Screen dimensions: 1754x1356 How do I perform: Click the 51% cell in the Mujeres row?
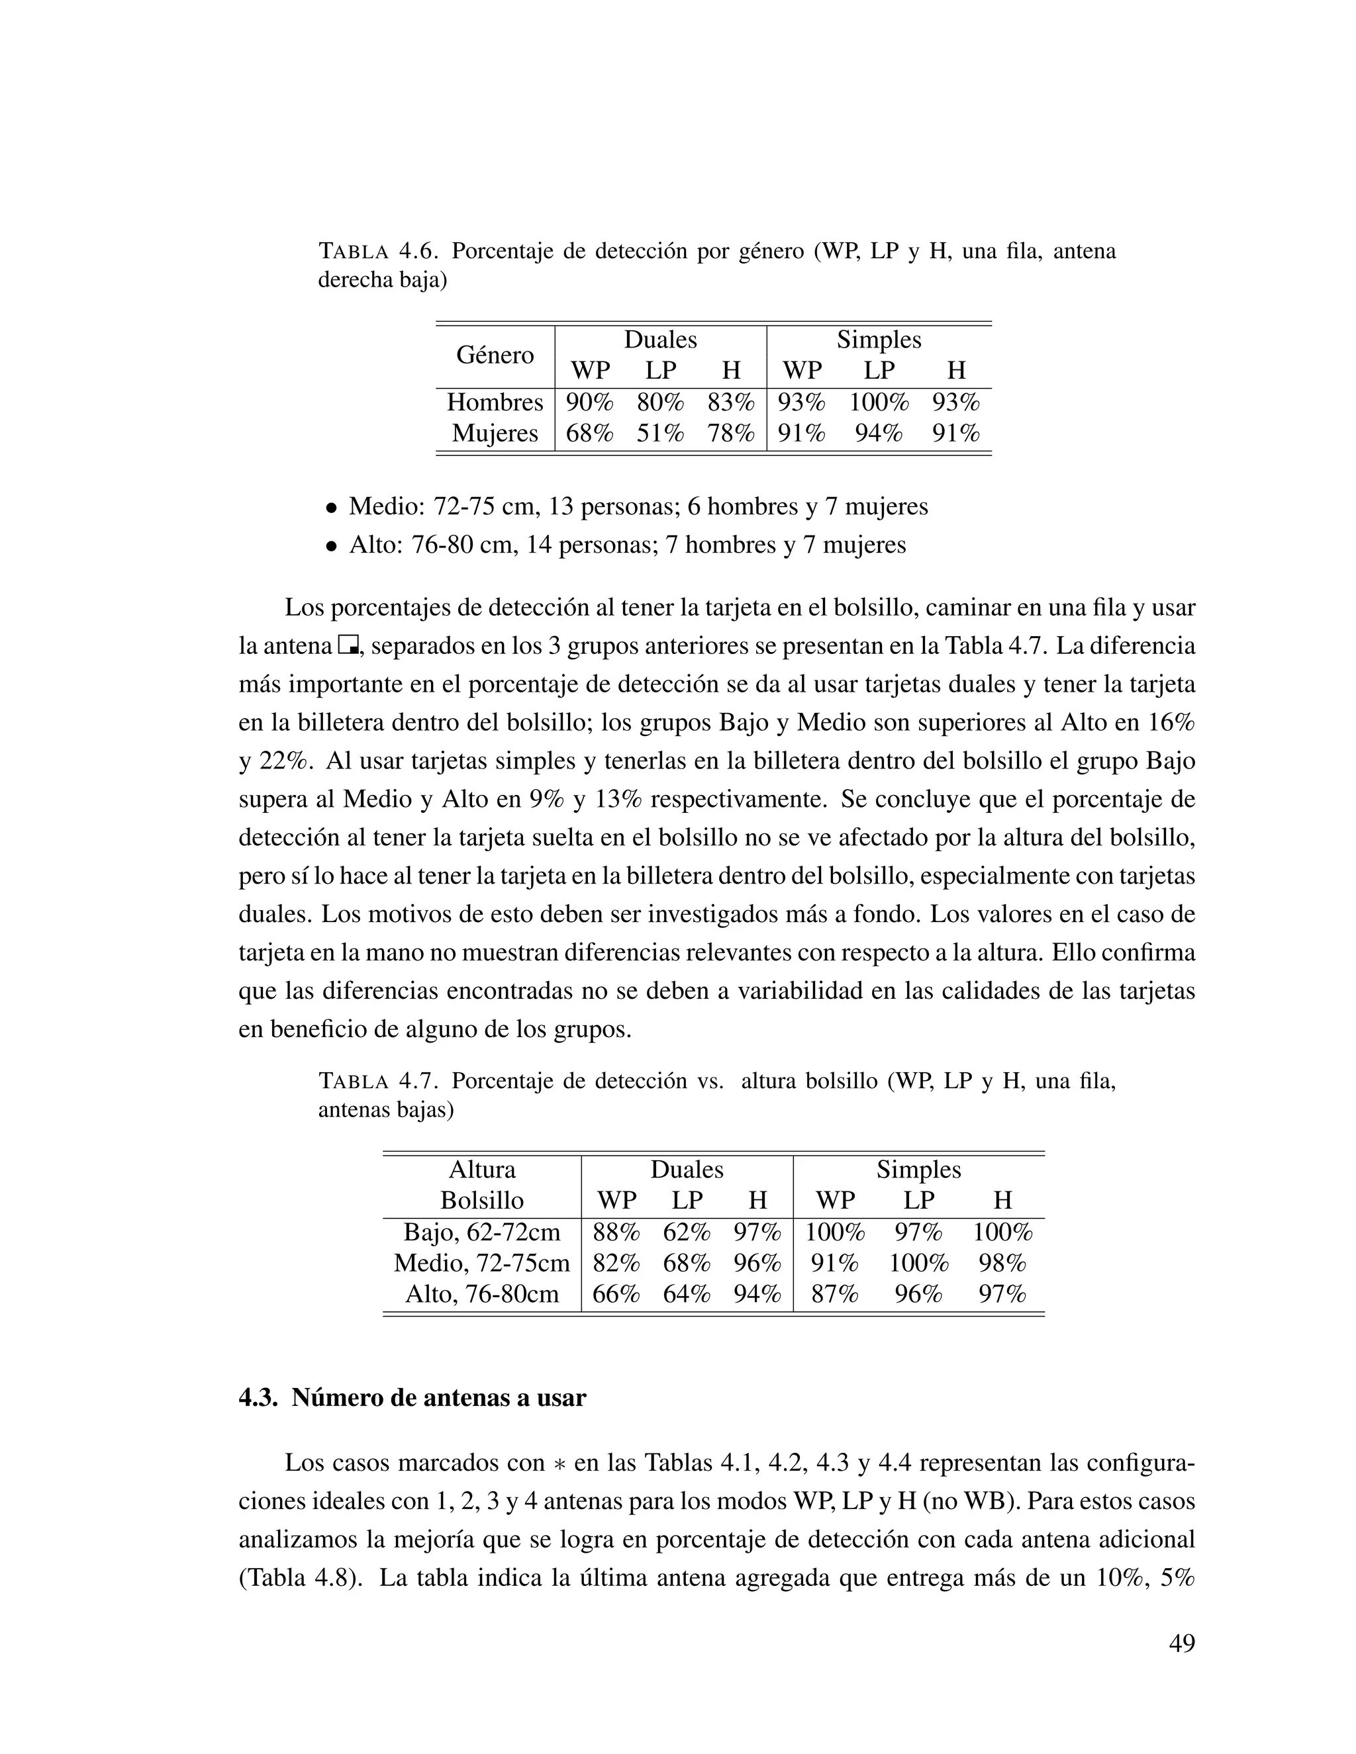pos(659,434)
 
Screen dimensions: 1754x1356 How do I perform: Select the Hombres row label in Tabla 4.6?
pos(495,402)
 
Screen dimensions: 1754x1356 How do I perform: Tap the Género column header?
pos(495,355)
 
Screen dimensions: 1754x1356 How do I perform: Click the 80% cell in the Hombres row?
pos(659,402)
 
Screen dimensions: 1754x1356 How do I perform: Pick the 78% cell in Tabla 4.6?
pos(731,434)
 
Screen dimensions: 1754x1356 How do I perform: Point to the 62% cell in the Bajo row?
pos(687,1232)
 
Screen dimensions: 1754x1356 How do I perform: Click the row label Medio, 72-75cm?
pos(482,1264)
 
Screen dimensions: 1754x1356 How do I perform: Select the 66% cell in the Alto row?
pos(616,1294)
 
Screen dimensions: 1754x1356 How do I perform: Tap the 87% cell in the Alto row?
pos(835,1294)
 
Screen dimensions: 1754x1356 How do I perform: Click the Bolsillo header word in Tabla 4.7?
pos(482,1201)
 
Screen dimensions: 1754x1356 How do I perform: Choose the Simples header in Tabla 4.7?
pos(918,1170)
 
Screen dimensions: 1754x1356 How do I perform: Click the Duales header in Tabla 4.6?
pos(660,340)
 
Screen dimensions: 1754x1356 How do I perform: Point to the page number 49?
pos(1182,1643)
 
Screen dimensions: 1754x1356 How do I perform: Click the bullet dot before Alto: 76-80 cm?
pos(330,547)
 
